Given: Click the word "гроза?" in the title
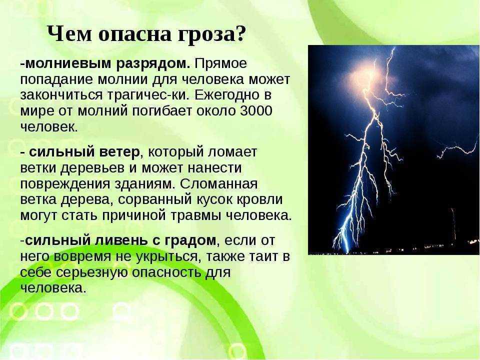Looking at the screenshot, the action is click(x=211, y=34).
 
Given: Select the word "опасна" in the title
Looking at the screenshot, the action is click(x=134, y=35).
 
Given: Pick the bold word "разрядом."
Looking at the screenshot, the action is click(x=153, y=63).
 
